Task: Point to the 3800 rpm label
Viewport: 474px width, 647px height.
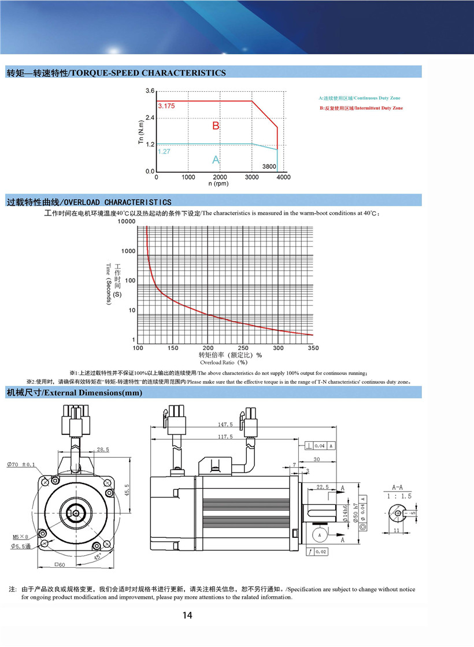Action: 269,166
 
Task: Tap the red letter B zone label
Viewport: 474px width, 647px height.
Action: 216,126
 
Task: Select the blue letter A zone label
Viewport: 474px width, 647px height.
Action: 216,159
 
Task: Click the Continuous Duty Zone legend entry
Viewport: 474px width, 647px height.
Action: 359,98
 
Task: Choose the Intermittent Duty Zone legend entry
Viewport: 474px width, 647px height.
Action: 361,108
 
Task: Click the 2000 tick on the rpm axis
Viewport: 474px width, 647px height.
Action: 220,177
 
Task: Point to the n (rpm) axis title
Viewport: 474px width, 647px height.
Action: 219,184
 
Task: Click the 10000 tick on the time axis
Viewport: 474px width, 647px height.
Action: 125,222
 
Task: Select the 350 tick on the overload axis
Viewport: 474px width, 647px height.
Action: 313,348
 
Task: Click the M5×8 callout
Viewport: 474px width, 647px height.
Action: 21,536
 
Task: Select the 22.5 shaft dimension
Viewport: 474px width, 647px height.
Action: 323,487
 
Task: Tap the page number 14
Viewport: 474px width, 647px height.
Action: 187,615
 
